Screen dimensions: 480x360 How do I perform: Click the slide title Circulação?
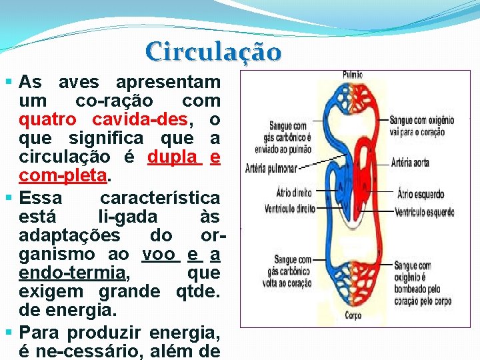pos(213,51)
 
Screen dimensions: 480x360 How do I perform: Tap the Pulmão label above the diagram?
pos(353,75)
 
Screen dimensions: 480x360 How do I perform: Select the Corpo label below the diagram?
pos(353,315)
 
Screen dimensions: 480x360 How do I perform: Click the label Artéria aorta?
pos(410,163)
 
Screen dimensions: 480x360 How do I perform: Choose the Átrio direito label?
pos(293,193)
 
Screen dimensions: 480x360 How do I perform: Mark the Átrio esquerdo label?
pos(420,195)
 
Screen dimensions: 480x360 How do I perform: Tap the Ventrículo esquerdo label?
pos(424,213)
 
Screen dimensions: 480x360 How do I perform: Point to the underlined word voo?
pos(159,254)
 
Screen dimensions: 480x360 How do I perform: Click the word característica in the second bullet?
pos(159,198)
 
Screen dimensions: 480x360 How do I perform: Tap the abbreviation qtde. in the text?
pos(197,291)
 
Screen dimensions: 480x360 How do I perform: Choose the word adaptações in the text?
pos(70,235)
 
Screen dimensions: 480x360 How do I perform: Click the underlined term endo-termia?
pos(72,273)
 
